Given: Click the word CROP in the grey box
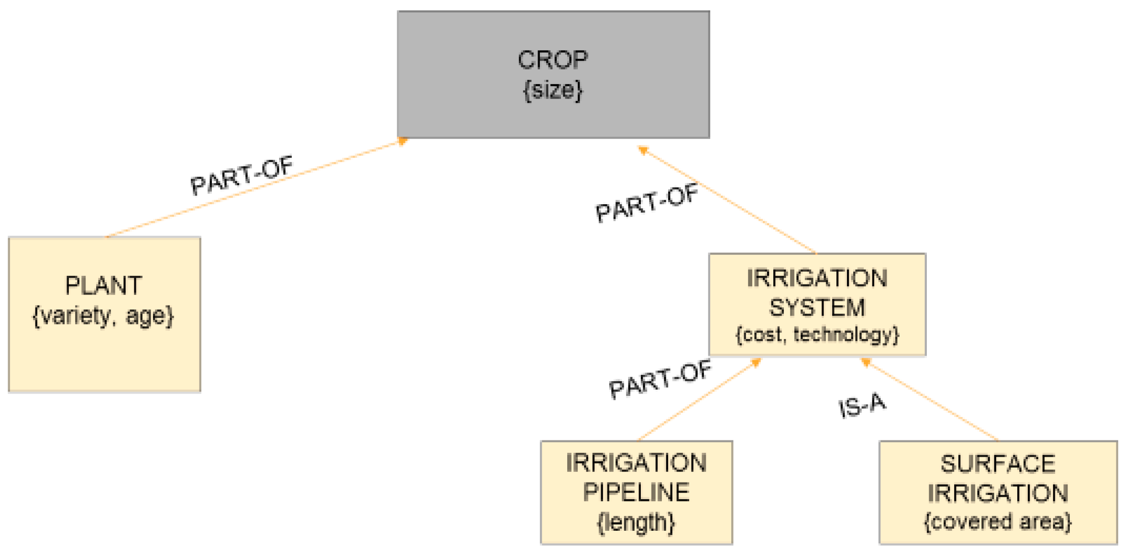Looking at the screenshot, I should [x=553, y=61].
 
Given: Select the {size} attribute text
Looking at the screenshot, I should [x=553, y=90].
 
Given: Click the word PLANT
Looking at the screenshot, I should [x=103, y=286].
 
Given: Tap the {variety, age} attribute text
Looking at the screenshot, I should [x=103, y=316].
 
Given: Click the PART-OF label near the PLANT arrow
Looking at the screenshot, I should [x=242, y=175].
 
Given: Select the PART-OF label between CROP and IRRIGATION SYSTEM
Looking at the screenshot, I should [x=647, y=204].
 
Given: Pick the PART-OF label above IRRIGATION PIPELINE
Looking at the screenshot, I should [x=660, y=380].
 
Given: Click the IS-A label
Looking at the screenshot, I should [x=862, y=405].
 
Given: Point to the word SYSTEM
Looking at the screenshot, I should [x=817, y=307].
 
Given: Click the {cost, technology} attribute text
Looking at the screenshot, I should [x=817, y=334].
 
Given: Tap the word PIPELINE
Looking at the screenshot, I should [x=636, y=492].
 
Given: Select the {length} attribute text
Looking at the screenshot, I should [x=636, y=522].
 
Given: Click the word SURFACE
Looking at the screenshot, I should [x=998, y=464].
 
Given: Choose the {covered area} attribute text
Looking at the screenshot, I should [x=998, y=522].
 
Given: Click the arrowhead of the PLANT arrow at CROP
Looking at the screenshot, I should [x=403, y=141].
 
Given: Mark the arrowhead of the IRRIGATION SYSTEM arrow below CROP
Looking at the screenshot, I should [x=643, y=150].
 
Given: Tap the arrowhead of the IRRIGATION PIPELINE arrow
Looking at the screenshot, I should [x=756, y=362].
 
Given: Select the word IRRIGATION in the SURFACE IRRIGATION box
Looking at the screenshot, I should [x=998, y=493].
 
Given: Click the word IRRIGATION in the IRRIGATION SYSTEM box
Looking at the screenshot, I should [x=817, y=279].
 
